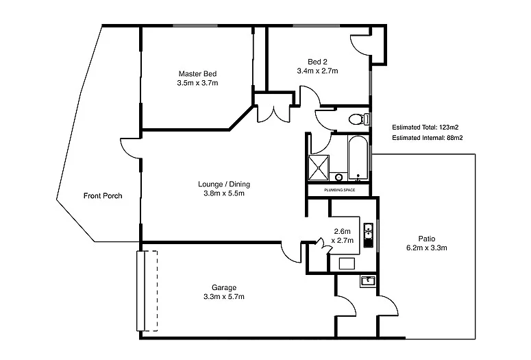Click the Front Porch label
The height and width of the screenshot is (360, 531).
tap(103, 196)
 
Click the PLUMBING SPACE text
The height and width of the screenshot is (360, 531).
tap(339, 190)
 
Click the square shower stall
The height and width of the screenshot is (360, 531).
tap(318, 166)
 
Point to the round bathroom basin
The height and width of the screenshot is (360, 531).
tap(338, 177)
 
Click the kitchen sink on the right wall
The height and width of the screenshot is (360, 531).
tap(368, 234)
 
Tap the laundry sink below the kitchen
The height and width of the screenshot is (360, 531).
tap(367, 280)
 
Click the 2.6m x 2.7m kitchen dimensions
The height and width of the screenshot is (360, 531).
tap(343, 236)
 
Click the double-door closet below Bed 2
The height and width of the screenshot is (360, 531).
tap(273, 113)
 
